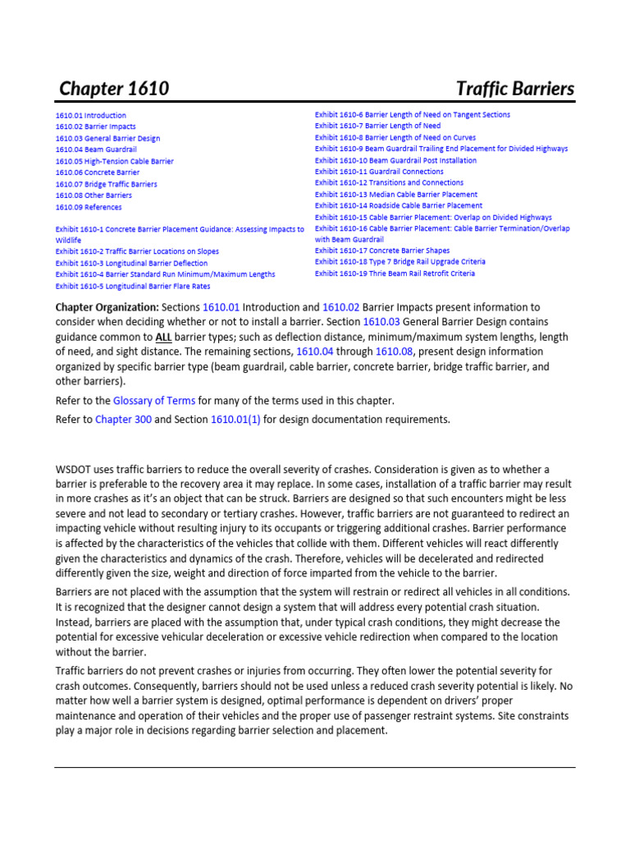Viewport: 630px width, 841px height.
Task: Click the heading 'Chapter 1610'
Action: (x=114, y=89)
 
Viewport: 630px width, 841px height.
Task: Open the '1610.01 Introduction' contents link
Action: (x=90, y=116)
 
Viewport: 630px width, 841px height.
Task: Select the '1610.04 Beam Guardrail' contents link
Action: (x=96, y=150)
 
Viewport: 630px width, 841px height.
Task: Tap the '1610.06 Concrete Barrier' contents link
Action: (x=97, y=173)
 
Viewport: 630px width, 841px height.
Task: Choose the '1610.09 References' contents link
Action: (x=89, y=208)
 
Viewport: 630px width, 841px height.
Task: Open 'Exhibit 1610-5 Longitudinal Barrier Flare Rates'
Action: (x=132, y=286)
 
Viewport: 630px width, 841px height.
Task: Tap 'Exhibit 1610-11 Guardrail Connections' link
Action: (x=379, y=172)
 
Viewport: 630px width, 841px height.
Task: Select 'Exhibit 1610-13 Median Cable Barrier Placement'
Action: (x=395, y=195)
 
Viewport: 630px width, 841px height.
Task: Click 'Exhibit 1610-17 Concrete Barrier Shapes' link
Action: (x=381, y=250)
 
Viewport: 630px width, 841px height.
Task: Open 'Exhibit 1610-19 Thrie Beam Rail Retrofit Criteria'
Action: (x=395, y=273)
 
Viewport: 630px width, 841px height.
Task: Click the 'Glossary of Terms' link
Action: (x=154, y=401)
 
